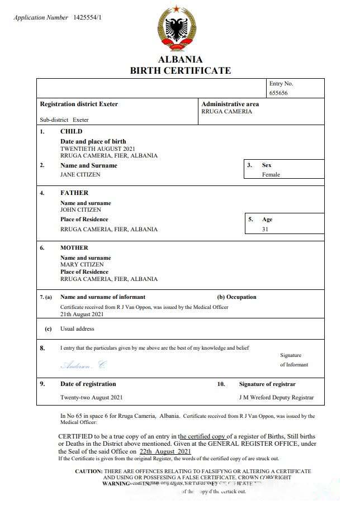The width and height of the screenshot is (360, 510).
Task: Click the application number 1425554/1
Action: click(x=87, y=18)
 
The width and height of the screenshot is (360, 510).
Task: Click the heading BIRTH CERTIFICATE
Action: click(x=180, y=70)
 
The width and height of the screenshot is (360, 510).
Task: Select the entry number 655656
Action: click(x=278, y=93)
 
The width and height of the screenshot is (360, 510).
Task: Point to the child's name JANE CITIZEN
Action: click(x=80, y=174)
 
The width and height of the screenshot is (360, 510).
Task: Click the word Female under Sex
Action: click(x=271, y=174)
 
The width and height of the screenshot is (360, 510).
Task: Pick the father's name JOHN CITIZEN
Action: click(x=81, y=209)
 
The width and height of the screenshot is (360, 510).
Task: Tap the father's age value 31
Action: click(x=265, y=229)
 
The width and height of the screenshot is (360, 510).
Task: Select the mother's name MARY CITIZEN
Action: click(x=82, y=264)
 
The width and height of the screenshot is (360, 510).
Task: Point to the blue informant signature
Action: click(x=83, y=365)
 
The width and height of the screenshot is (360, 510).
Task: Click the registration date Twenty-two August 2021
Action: click(x=91, y=398)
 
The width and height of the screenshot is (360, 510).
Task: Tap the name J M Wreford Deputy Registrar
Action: click(x=276, y=398)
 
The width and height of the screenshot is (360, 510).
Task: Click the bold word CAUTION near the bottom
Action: click(x=88, y=471)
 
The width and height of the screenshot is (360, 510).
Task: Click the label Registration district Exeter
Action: click(x=79, y=104)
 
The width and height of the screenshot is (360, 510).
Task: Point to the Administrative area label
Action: click(x=230, y=104)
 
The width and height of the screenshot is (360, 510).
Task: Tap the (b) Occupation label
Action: click(x=236, y=297)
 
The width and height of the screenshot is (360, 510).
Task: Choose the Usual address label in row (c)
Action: click(x=77, y=329)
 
